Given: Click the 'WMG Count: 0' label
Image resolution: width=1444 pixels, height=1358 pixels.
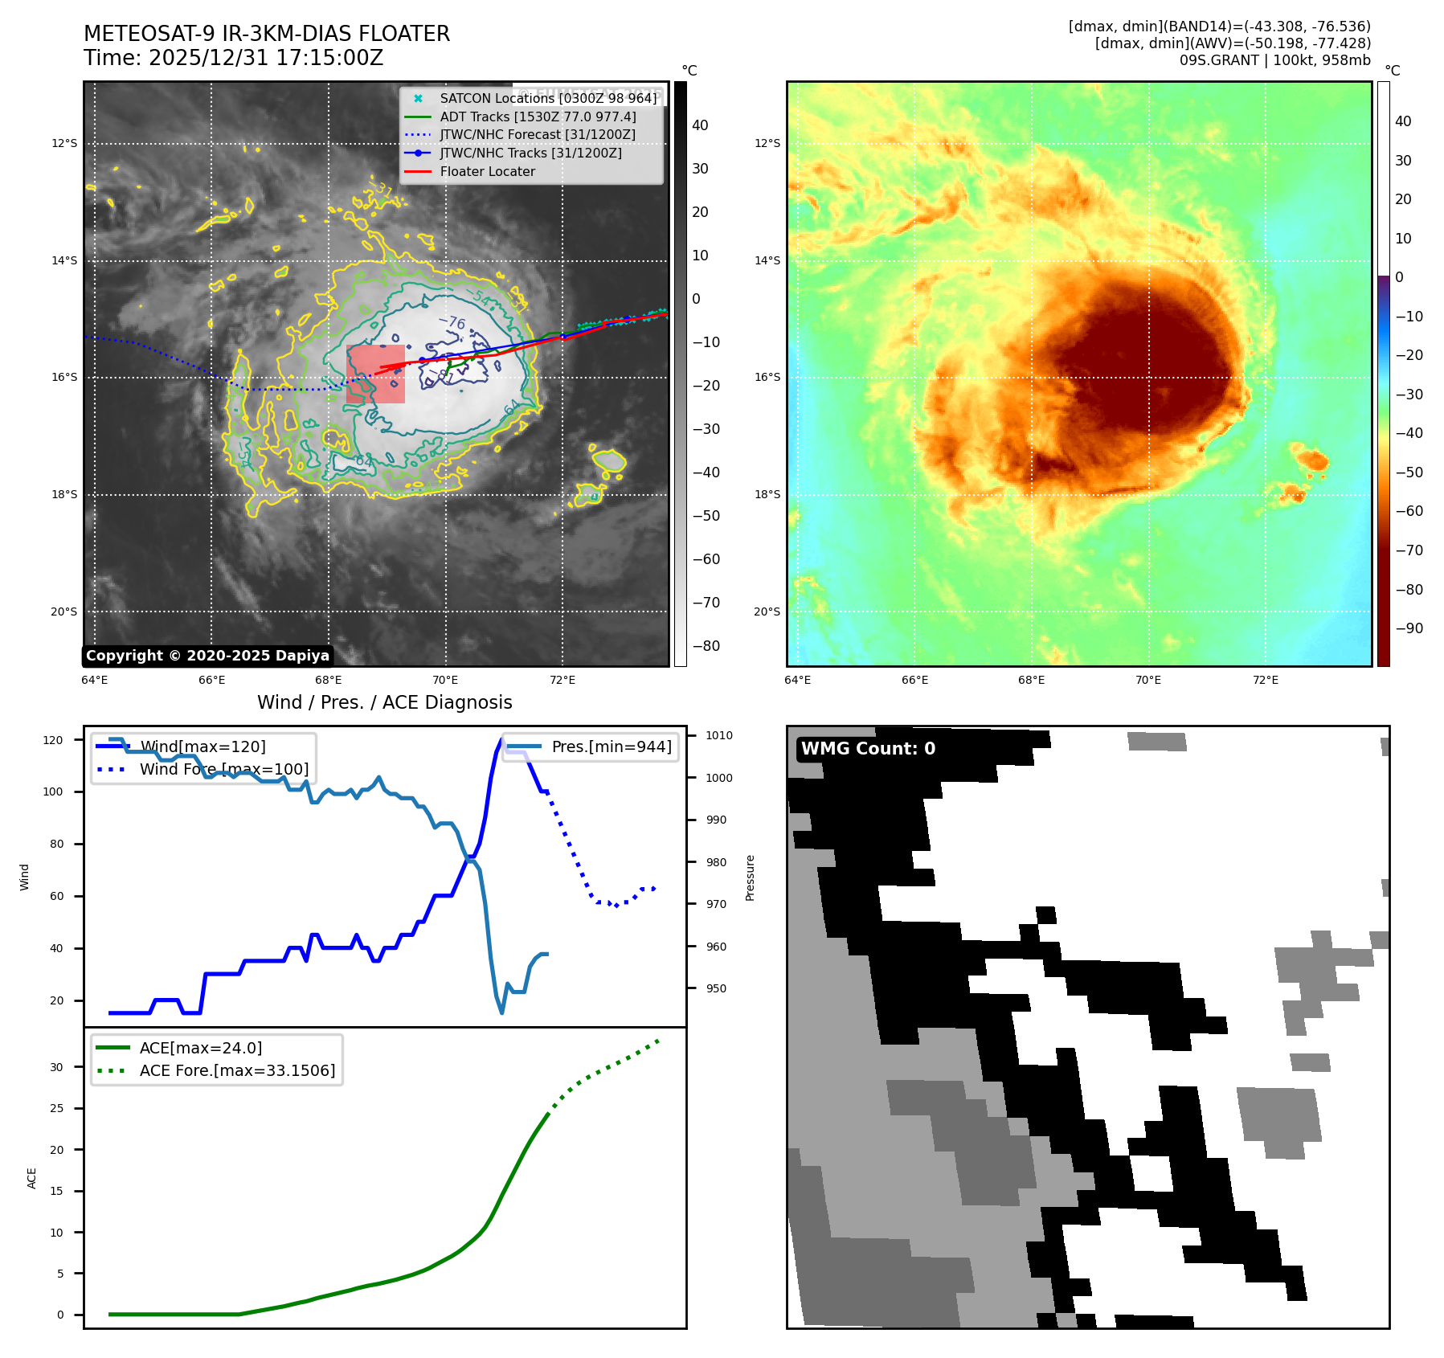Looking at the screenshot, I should [868, 749].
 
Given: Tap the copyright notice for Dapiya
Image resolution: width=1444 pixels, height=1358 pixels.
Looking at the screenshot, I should [207, 656].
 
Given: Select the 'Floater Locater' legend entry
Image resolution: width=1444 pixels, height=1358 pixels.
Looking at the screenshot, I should [487, 172].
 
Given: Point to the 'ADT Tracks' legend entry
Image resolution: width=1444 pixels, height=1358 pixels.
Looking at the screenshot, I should [538, 117].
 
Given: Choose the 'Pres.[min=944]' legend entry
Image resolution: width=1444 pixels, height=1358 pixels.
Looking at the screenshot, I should [611, 746].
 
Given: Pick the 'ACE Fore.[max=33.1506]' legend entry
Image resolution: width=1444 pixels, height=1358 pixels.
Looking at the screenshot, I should [237, 1070].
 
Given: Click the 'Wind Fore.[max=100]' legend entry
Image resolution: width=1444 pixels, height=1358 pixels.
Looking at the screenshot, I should [223, 769].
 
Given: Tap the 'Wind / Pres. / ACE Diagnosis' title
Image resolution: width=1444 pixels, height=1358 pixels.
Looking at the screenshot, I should [384, 702].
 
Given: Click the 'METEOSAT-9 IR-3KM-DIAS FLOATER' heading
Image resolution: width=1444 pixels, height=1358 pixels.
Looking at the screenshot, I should [267, 34].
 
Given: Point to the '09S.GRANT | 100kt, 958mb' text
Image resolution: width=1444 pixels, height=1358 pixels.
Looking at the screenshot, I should [1274, 60].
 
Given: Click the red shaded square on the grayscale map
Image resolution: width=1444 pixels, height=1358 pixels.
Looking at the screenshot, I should [375, 374].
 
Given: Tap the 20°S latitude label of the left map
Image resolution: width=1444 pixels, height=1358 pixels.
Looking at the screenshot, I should [64, 612].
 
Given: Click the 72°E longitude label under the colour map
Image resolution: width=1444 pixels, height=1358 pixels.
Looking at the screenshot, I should [1265, 680].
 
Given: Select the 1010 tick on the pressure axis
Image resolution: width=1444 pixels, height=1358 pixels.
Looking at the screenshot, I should [719, 735].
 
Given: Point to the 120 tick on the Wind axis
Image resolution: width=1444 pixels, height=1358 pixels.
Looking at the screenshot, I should [53, 740].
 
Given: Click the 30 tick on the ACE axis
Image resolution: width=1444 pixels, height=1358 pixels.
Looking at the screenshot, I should [56, 1067].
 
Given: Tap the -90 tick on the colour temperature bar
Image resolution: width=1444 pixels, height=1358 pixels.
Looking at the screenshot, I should [1409, 628].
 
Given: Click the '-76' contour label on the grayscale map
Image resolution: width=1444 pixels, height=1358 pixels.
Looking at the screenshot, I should [452, 321].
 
